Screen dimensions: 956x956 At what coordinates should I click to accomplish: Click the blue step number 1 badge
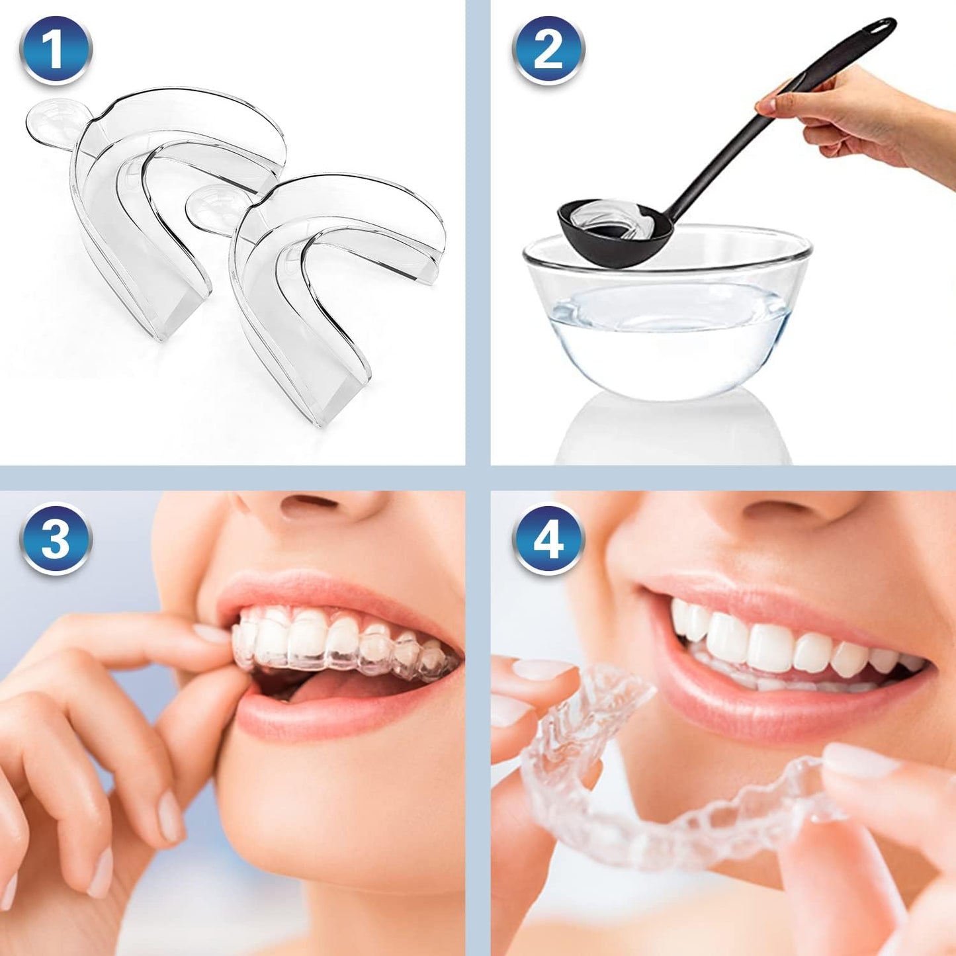(x=55, y=49)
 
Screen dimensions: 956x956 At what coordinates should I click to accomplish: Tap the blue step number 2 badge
(x=548, y=49)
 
